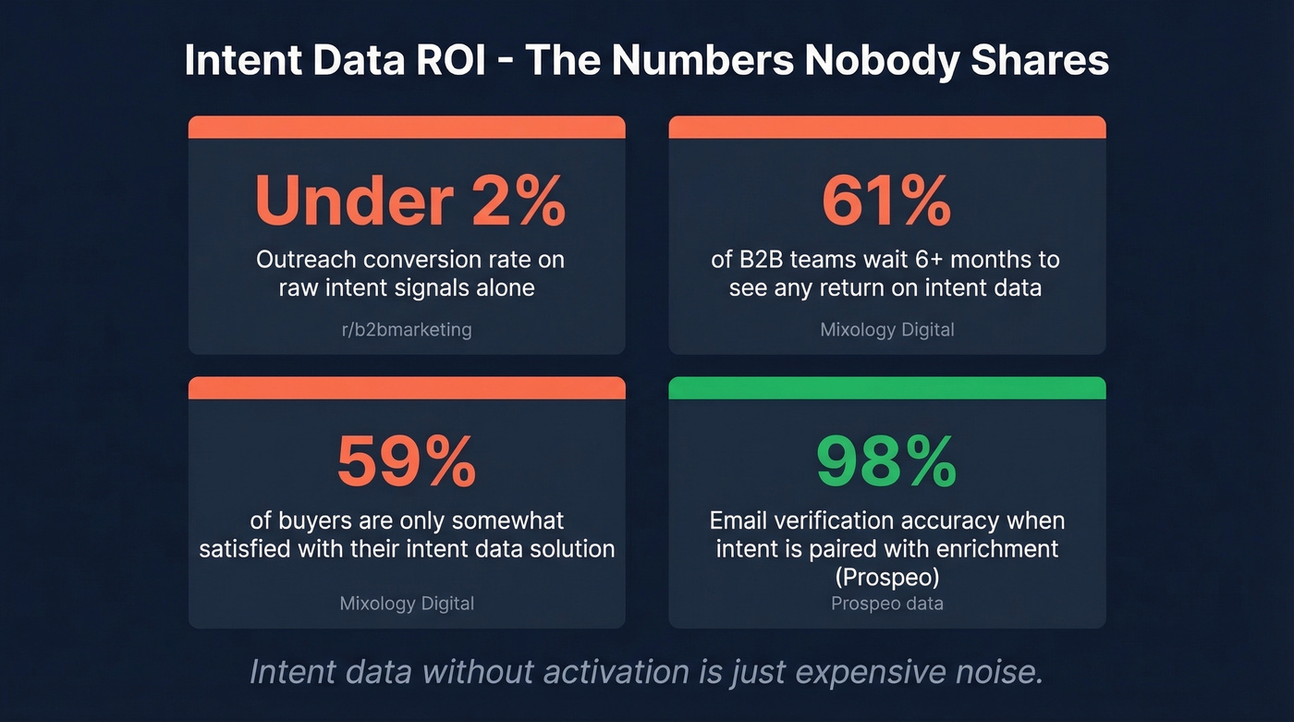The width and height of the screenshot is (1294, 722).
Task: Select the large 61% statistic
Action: [886, 202]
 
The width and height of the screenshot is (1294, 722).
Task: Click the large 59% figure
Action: [407, 462]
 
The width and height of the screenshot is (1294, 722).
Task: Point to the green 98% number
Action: [886, 462]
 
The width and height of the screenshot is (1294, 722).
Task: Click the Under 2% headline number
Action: [409, 202]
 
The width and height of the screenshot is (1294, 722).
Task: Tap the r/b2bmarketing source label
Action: [407, 329]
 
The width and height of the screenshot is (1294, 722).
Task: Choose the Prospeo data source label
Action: [886, 604]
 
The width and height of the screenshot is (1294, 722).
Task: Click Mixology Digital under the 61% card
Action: [886, 329]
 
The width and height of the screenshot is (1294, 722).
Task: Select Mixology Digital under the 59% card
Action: [407, 604]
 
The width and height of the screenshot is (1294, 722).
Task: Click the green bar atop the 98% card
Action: [886, 388]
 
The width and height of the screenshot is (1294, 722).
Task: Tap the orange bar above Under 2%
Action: [407, 128]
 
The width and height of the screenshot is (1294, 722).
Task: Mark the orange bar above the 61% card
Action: [886, 128]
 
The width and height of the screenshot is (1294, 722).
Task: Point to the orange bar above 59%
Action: [407, 388]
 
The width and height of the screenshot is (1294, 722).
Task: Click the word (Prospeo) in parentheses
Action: [886, 576]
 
